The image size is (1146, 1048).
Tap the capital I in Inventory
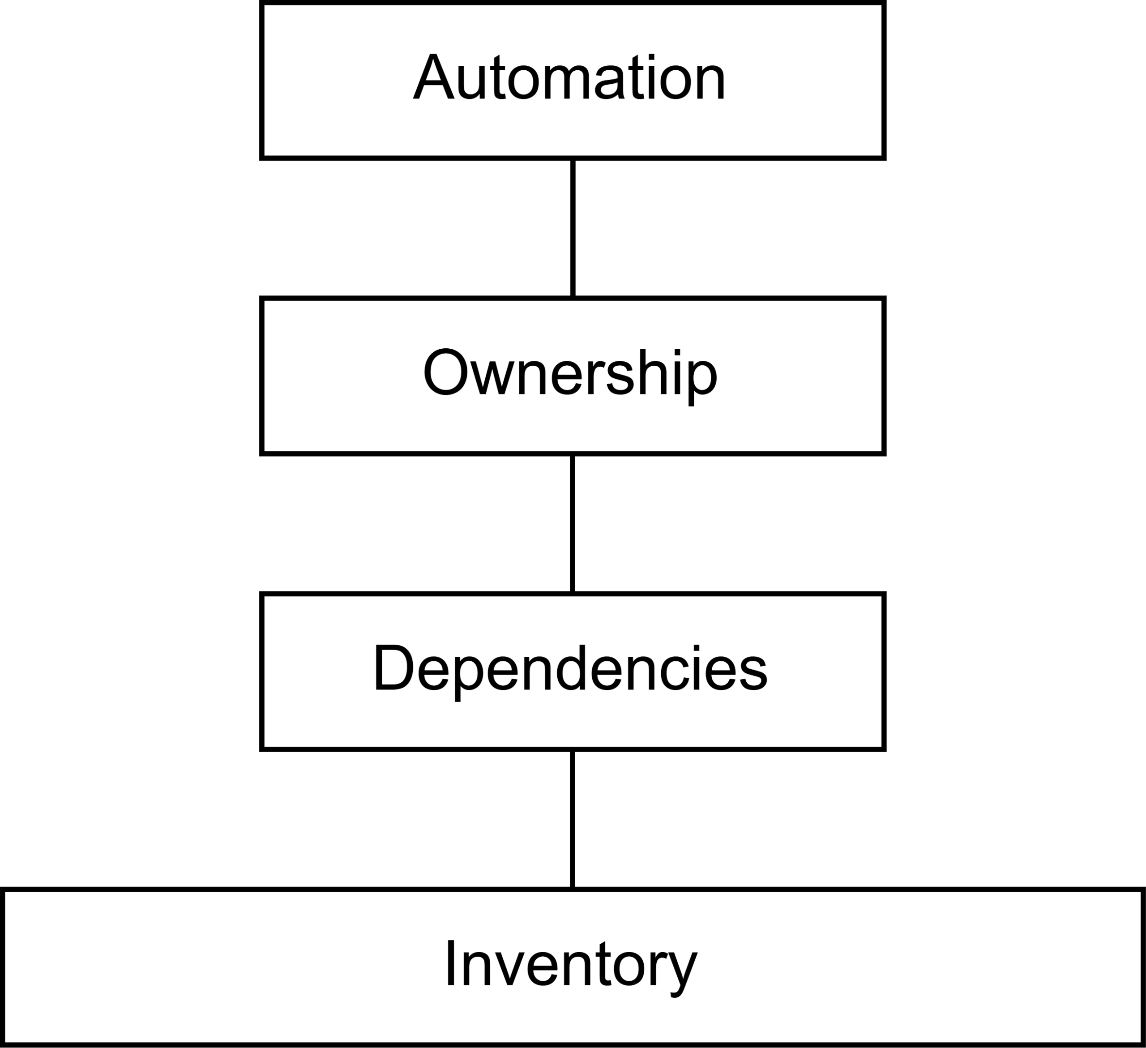pyautogui.click(x=450, y=964)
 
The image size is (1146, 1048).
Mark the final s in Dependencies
pyautogui.click(x=750, y=673)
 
